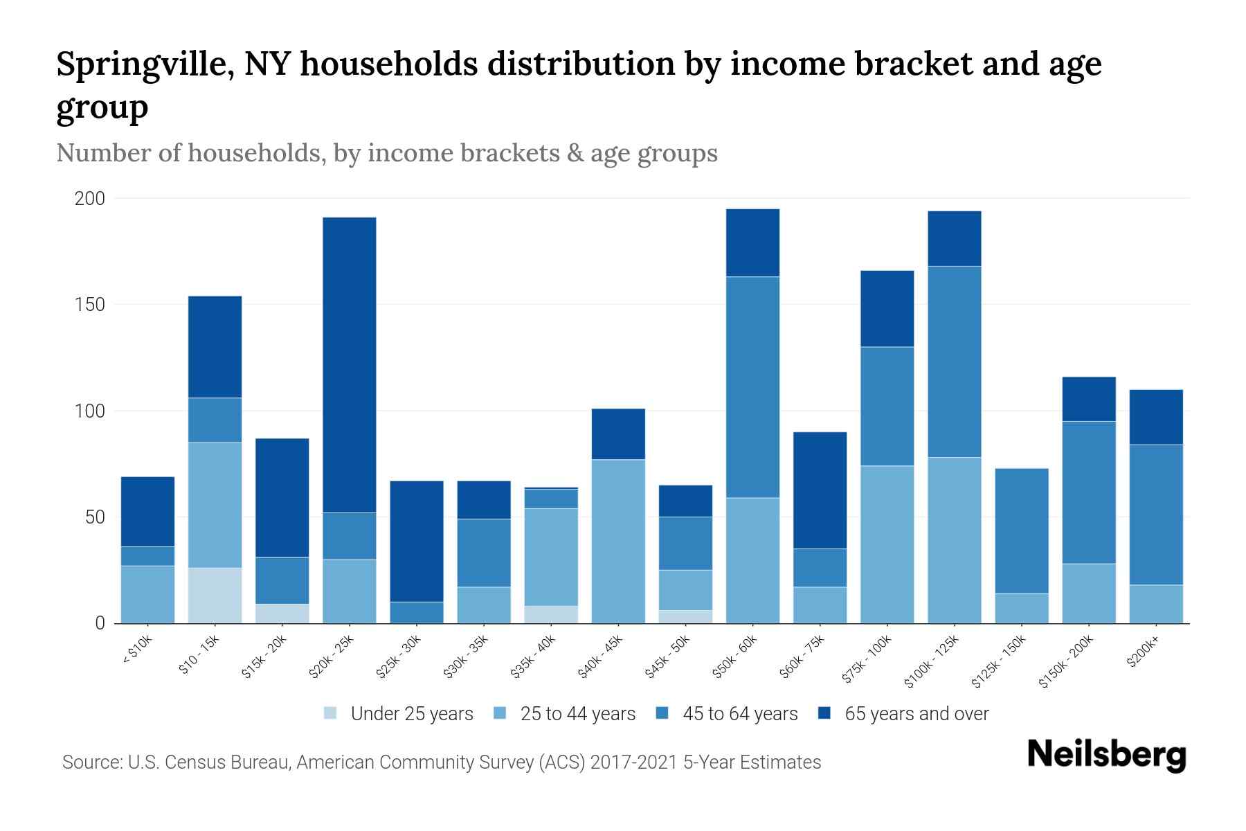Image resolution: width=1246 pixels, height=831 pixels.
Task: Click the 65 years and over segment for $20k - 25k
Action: pyautogui.click(x=350, y=365)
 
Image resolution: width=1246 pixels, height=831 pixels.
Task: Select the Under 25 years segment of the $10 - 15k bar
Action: pyautogui.click(x=215, y=596)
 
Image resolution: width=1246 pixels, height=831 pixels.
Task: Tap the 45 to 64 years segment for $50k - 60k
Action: pyautogui.click(x=752, y=387)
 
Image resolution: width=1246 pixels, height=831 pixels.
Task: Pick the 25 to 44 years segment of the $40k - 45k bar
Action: pyautogui.click(x=618, y=541)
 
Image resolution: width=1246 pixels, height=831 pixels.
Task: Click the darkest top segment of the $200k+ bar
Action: pyautogui.click(x=1156, y=417)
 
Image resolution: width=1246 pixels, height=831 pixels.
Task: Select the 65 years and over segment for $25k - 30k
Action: pyautogui.click(x=417, y=541)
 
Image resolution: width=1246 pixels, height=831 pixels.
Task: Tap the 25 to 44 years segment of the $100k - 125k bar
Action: pyautogui.click(x=955, y=540)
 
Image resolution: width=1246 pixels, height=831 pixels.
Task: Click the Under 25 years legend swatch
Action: pyautogui.click(x=331, y=713)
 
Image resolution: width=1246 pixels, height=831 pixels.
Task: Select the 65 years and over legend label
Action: pyautogui.click(x=916, y=713)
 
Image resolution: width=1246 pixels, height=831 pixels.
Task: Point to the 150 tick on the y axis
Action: pyautogui.click(x=90, y=305)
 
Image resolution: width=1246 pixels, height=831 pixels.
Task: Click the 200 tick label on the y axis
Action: pyautogui.click(x=90, y=199)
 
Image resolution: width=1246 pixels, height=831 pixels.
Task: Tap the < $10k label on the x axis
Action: pyautogui.click(x=137, y=651)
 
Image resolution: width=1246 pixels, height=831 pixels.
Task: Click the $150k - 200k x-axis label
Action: pyautogui.click(x=1066, y=662)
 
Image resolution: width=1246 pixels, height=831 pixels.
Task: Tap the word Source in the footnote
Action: pyautogui.click(x=92, y=762)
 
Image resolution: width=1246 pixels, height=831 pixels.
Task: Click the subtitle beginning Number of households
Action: pyautogui.click(x=386, y=152)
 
